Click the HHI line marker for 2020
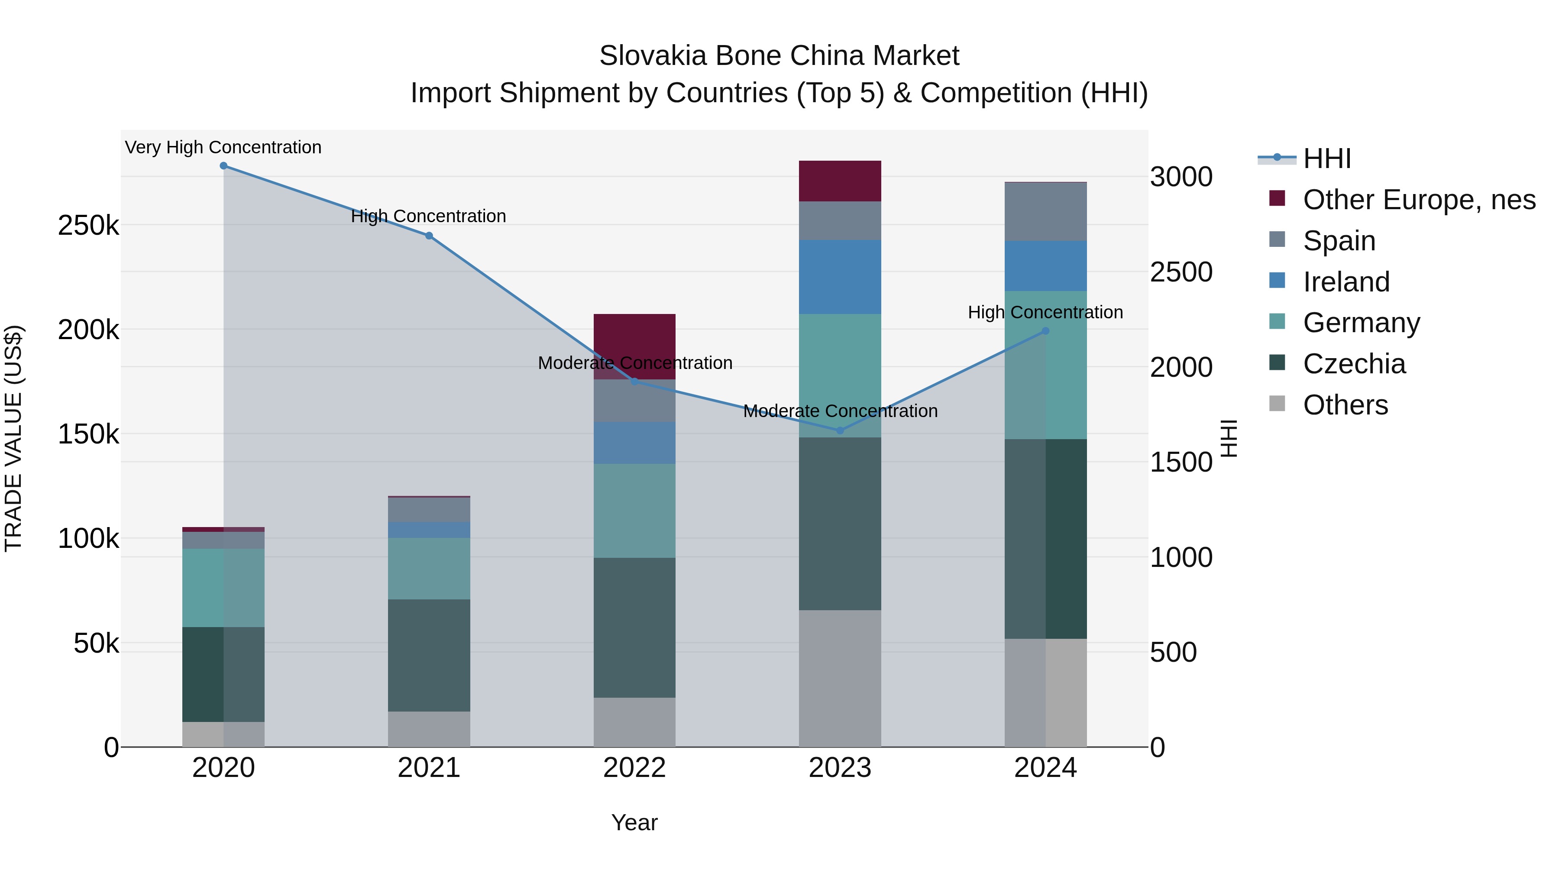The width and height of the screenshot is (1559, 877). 223,166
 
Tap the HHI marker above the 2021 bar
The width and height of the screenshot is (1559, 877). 429,236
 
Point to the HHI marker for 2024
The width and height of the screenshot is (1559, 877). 1045,331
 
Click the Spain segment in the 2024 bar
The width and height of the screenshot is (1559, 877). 1045,211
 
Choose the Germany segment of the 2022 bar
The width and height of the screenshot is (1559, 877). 634,511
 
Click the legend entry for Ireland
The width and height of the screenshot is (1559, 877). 1346,282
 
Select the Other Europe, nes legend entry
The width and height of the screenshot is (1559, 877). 1419,200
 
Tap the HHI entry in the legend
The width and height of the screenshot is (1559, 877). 1326,159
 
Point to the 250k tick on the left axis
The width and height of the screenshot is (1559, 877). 88,226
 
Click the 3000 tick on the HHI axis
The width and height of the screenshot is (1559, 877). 1181,177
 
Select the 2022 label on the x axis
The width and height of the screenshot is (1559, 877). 634,768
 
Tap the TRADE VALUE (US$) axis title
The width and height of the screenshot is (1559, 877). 13,438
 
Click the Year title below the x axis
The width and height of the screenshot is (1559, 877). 634,822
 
